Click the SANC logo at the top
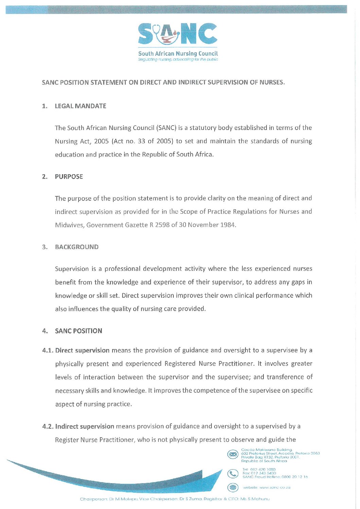178,34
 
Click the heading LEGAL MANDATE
81,106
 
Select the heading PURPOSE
69,177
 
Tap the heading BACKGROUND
77,247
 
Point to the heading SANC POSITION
79,331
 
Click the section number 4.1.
48,350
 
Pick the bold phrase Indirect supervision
85,427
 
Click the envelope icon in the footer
233,455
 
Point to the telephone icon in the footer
233,473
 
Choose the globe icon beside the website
233,488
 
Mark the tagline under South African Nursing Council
178,60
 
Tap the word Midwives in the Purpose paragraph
69,225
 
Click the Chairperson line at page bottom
175,499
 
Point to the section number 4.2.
48,427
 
